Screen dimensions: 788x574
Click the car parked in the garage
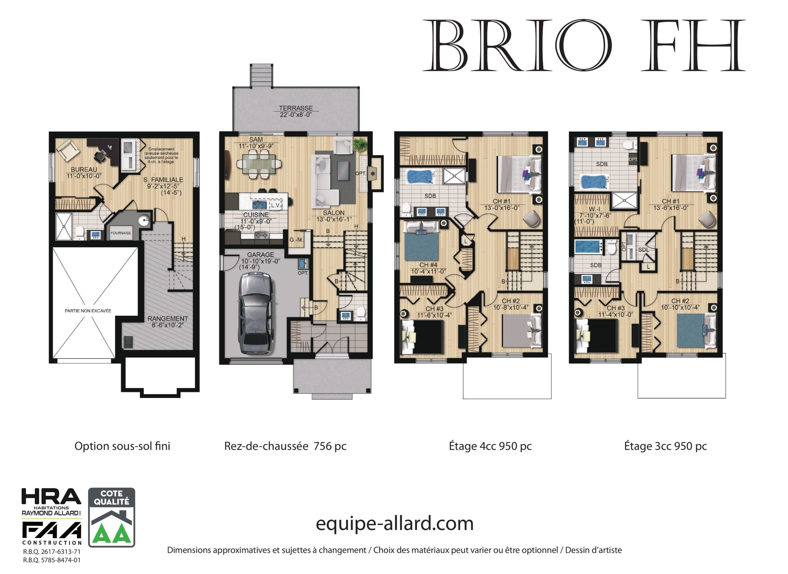[255, 313]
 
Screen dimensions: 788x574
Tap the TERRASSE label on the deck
[296, 108]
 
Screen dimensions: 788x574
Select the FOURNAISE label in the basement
[121, 233]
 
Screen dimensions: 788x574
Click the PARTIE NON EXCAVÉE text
[88, 311]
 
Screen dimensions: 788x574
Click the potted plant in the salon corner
[360, 144]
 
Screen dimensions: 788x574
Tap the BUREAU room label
[84, 170]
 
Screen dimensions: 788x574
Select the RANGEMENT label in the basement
[167, 319]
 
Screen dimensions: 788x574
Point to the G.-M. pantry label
[296, 240]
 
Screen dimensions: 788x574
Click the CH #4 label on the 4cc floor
[428, 265]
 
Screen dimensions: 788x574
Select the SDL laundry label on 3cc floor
[643, 250]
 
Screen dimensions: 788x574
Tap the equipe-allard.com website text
[394, 523]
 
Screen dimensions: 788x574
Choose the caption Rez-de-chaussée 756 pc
[285, 446]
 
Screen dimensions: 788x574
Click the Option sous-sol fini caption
[122, 446]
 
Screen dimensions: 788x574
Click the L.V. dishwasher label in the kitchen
[275, 205]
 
